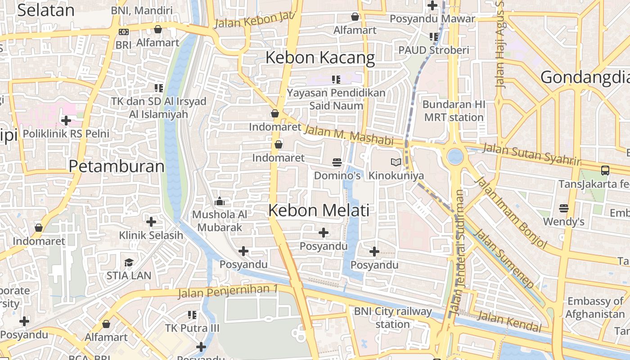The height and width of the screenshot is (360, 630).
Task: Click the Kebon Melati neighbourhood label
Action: [319, 210]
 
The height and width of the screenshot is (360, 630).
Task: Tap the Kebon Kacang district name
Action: [320, 58]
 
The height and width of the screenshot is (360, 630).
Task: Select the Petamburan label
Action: [117, 166]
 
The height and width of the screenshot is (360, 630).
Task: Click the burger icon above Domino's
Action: [337, 162]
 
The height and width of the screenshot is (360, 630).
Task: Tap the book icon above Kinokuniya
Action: [396, 162]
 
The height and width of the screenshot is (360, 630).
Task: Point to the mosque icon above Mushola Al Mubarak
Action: [220, 201]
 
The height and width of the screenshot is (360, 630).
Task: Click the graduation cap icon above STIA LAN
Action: [129, 262]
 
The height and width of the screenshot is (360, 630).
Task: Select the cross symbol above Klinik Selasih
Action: [151, 221]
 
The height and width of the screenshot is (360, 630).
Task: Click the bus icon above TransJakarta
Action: [605, 171]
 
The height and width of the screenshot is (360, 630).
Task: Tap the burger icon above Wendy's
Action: [563, 208]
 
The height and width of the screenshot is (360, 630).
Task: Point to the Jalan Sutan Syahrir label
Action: [531, 154]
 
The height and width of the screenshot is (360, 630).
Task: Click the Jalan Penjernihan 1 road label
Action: [227, 291]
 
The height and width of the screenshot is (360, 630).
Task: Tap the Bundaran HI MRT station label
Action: [453, 111]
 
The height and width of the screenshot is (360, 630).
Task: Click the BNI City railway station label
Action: [392, 317]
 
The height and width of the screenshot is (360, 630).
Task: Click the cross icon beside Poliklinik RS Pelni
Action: [66, 121]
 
